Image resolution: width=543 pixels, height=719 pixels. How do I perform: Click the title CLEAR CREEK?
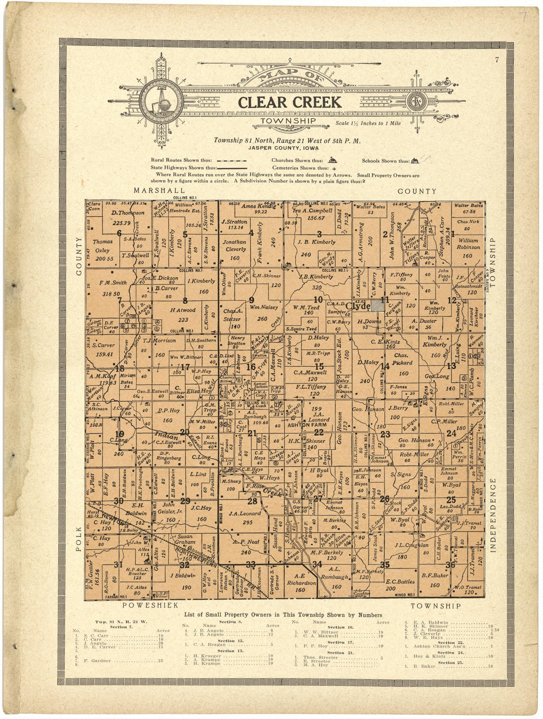[x=289, y=102]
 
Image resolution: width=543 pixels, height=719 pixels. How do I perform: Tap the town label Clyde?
[x=358, y=306]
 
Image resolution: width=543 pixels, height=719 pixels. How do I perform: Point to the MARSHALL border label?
[x=159, y=190]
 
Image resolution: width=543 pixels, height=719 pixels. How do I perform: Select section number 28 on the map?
[x=252, y=501]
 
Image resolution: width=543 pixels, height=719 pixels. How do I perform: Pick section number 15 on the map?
[x=319, y=366]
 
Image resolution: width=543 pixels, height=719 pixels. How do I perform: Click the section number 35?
[x=385, y=565]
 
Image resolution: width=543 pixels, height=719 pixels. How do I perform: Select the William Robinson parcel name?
[x=467, y=244]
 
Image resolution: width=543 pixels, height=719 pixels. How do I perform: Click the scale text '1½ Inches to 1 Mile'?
[x=368, y=123]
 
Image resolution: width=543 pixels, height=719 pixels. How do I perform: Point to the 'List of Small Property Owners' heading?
[x=282, y=615]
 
